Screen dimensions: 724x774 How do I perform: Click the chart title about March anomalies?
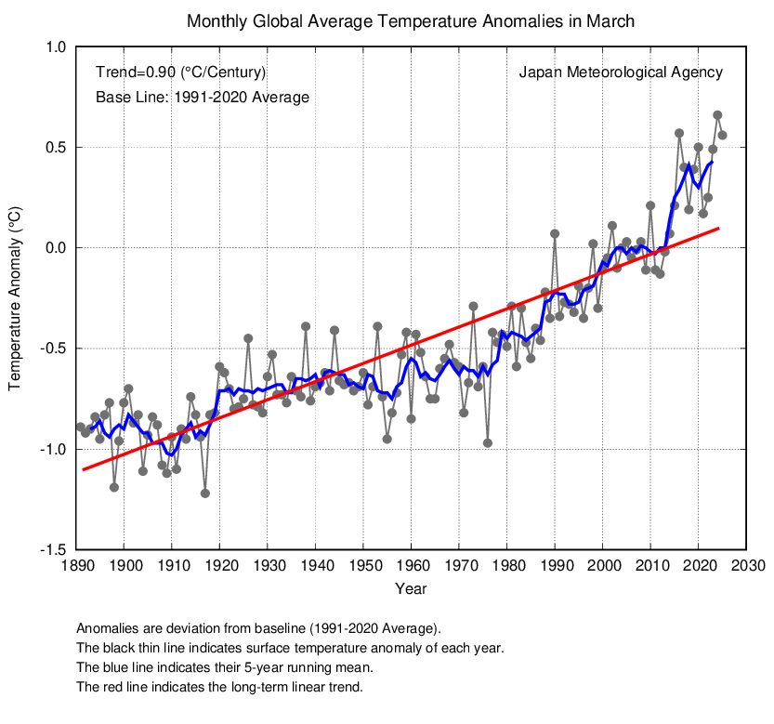[x=411, y=20]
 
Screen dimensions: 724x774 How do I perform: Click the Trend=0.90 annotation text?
[x=181, y=72]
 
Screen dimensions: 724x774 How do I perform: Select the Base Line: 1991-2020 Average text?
[x=202, y=97]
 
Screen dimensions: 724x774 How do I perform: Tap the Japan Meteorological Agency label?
[x=620, y=72]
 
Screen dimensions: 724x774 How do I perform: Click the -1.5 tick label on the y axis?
[x=53, y=549]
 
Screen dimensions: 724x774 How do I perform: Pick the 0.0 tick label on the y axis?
[x=55, y=248]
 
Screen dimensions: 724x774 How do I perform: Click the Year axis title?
[x=411, y=589]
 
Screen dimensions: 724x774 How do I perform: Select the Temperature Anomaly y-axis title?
[x=15, y=297]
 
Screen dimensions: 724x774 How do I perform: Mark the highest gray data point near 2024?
[x=717, y=115]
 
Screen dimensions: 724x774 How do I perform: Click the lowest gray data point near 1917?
[x=205, y=494]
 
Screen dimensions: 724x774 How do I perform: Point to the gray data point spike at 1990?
[x=555, y=234]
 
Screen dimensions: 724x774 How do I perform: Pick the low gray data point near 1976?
[x=488, y=443]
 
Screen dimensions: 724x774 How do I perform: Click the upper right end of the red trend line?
[x=718, y=228]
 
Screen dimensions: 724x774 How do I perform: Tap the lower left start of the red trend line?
[x=82, y=469]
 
